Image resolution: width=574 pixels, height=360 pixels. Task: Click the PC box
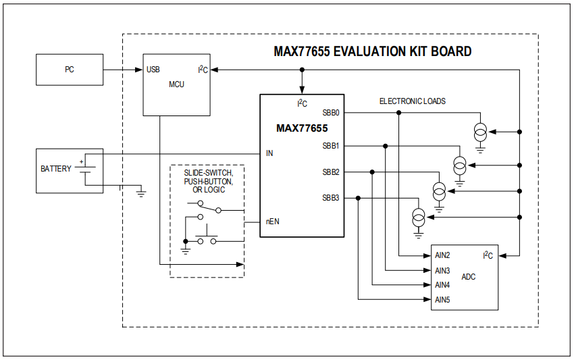tap(69, 70)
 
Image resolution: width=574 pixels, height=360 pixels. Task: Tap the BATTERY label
tap(55, 169)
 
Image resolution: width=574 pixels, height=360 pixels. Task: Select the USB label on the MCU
tap(153, 70)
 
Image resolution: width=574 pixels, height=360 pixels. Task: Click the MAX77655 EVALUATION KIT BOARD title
tap(372, 51)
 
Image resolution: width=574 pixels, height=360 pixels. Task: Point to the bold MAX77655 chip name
tap(302, 128)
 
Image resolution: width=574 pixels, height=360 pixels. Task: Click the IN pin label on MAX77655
tap(269, 153)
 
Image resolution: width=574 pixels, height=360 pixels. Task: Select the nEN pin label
tap(272, 222)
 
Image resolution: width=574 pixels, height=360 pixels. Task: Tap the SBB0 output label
tap(331, 113)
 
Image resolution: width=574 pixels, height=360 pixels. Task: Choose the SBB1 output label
tap(331, 146)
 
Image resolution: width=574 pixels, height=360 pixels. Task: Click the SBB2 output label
tap(331, 172)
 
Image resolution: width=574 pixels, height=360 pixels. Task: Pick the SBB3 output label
tap(331, 198)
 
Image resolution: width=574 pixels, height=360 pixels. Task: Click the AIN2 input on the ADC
tap(442, 255)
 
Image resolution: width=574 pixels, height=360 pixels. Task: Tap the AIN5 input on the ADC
tap(442, 299)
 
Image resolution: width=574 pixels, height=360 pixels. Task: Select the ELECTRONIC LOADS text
tap(412, 101)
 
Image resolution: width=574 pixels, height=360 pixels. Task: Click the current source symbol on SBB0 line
tap(480, 132)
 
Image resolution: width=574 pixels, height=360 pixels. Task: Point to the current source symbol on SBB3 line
tap(419, 217)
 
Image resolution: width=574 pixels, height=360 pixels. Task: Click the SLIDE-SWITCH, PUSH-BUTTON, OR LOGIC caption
tap(208, 182)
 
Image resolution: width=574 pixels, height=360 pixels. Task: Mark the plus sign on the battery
tap(82, 161)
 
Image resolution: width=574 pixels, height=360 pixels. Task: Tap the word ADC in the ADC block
tap(468, 277)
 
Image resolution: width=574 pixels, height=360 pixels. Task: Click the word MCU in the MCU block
tap(176, 84)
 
